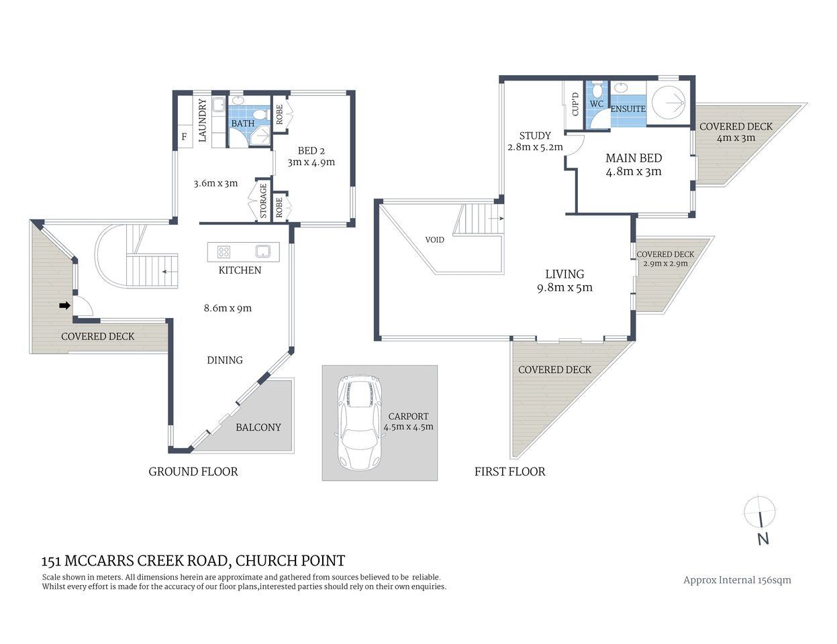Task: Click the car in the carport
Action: [360, 423]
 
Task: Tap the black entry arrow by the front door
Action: [64, 306]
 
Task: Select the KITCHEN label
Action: [240, 270]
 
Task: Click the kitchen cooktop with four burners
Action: [224, 252]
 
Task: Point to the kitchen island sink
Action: [262, 252]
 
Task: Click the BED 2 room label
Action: [311, 151]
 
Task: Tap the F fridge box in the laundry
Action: [184, 138]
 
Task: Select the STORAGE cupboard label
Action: [263, 200]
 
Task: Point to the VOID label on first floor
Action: [435, 239]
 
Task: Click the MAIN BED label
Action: [634, 158]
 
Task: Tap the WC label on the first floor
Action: [597, 104]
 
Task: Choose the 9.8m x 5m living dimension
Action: [564, 288]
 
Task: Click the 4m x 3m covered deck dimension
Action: [736, 138]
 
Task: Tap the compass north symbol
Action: [761, 521]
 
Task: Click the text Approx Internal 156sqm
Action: [737, 580]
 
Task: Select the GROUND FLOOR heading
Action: [193, 472]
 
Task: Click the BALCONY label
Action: [258, 427]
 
